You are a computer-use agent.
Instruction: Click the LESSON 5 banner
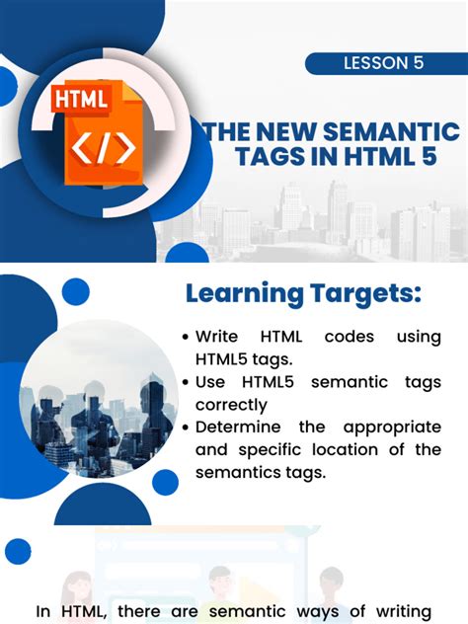pos(384,63)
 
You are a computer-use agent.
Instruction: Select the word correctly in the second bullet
pos(232,405)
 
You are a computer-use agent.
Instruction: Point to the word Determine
pos(238,428)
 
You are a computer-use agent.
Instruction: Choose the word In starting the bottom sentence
pos(44,612)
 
